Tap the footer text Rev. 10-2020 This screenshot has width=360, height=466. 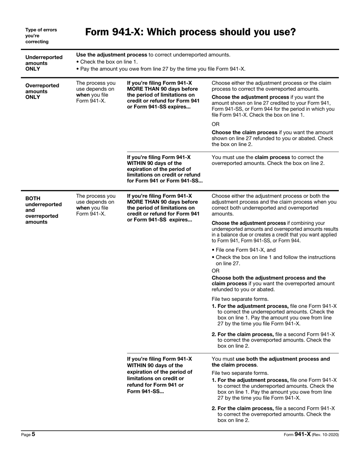tap(325, 435)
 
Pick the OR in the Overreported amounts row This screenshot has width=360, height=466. tap(215, 124)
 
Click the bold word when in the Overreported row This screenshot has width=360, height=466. tap(83, 95)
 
